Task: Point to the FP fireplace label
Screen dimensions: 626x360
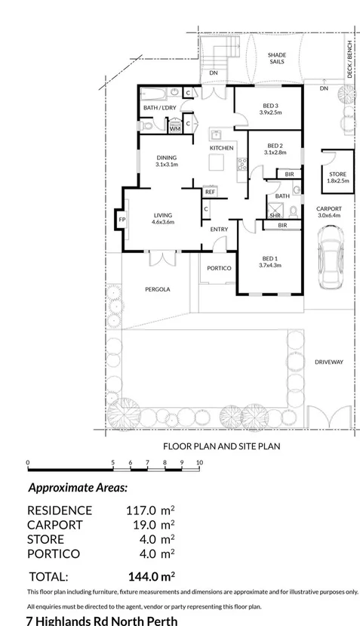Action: click(x=122, y=220)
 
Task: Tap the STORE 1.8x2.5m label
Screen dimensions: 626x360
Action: click(x=337, y=177)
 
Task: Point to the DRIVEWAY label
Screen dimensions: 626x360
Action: click(x=328, y=362)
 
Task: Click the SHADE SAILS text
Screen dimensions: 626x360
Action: click(x=278, y=58)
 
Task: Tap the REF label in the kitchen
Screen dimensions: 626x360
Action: click(x=210, y=192)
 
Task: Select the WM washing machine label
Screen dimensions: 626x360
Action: click(x=174, y=129)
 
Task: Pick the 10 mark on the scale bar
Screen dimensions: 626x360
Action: click(x=199, y=461)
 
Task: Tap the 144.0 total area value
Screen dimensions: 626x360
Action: click(x=150, y=575)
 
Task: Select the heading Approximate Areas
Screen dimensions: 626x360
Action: click(x=78, y=488)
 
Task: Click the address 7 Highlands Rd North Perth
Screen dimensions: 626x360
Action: click(x=102, y=621)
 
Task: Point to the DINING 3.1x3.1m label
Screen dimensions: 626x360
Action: click(x=166, y=161)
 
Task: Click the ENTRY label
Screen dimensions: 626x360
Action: click(x=219, y=230)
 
